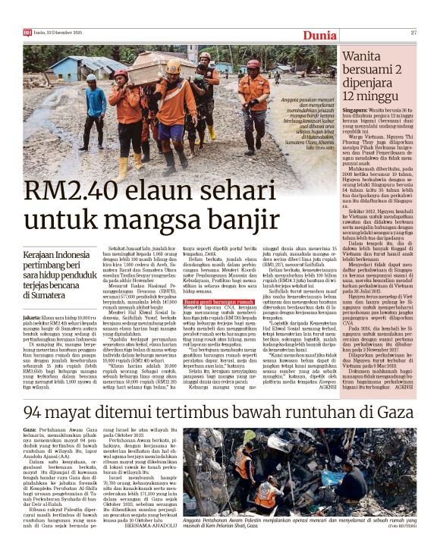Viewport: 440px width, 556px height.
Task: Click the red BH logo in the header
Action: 27,33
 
